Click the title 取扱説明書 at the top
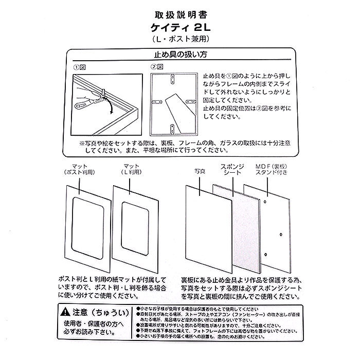click(x=179, y=14)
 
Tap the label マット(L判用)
click(x=131, y=169)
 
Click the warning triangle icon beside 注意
click(x=63, y=312)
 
